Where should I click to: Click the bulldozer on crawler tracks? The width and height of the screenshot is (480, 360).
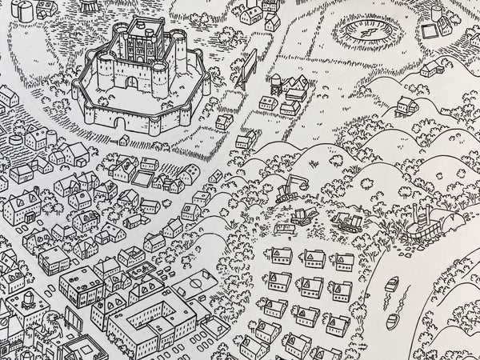point(347,220)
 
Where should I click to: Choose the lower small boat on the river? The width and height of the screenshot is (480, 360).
point(393,321)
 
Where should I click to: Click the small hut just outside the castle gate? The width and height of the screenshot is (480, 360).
point(123,139)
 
